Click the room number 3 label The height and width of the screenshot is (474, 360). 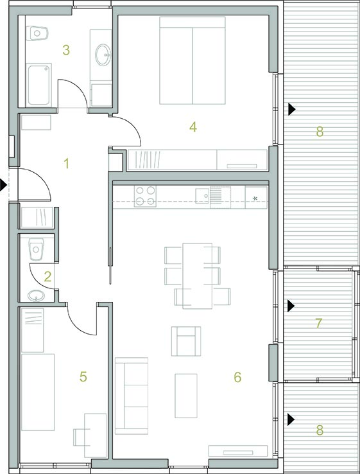tap(66, 50)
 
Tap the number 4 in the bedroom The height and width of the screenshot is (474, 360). tap(193, 127)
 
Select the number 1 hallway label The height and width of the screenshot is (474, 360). tap(67, 164)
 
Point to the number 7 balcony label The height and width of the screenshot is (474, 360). tap(319, 324)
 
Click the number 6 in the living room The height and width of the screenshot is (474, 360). tap(237, 377)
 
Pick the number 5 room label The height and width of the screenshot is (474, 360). tap(83, 376)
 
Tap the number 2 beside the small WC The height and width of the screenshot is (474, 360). tap(47, 277)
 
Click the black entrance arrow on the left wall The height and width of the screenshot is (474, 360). tap(3, 185)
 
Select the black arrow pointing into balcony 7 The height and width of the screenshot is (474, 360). tap(291, 306)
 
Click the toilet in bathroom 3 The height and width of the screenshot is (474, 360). tap(37, 33)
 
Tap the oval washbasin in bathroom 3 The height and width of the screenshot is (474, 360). tap(103, 55)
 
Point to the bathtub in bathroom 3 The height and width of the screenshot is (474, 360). tap(39, 85)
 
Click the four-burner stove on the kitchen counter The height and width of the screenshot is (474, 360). tap(145, 196)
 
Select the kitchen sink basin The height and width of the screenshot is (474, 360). tap(202, 195)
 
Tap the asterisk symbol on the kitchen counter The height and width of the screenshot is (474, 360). tap(255, 198)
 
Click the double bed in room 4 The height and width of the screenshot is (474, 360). tap(193, 60)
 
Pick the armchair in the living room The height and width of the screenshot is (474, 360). tap(186, 341)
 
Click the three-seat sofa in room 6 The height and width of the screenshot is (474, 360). tap(132, 396)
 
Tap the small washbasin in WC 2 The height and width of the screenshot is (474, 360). tap(36, 295)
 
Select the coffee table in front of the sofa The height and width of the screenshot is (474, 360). tap(186, 396)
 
